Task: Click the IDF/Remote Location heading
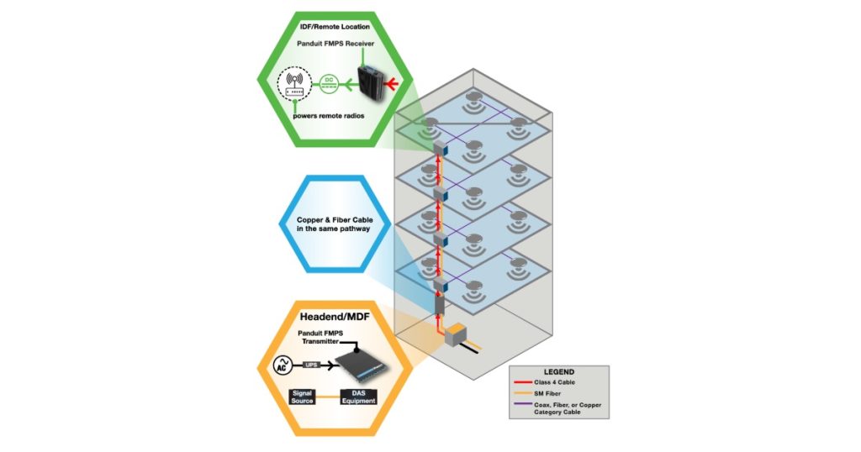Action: tap(323, 28)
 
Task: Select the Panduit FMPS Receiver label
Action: tap(337, 45)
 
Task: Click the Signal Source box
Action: tap(302, 397)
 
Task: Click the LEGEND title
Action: tap(558, 371)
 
